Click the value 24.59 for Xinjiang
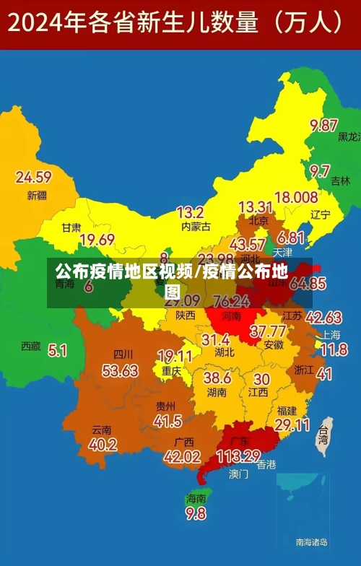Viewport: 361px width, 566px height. pyautogui.click(x=34, y=177)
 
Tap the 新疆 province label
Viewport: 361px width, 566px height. pyautogui.click(x=37, y=196)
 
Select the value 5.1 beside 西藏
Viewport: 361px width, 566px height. pyautogui.click(x=57, y=351)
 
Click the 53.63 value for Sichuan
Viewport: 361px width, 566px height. pyautogui.click(x=120, y=371)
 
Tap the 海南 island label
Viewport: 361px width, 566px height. pyautogui.click(x=196, y=498)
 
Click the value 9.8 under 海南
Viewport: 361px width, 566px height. pyautogui.click(x=196, y=513)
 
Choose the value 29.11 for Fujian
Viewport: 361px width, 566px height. pyautogui.click(x=292, y=425)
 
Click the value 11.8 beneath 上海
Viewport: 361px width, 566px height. pyautogui.click(x=334, y=350)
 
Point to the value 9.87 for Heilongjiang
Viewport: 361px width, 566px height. pyautogui.click(x=324, y=126)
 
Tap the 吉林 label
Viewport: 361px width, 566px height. pyautogui.click(x=340, y=182)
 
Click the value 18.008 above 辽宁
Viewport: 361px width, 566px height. pyautogui.click(x=296, y=197)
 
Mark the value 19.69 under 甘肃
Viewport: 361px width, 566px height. pyautogui.click(x=97, y=240)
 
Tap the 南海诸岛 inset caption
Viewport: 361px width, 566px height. pyautogui.click(x=312, y=541)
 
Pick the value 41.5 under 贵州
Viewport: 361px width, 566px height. pyautogui.click(x=168, y=421)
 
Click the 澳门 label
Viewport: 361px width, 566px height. pyautogui.click(x=239, y=474)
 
